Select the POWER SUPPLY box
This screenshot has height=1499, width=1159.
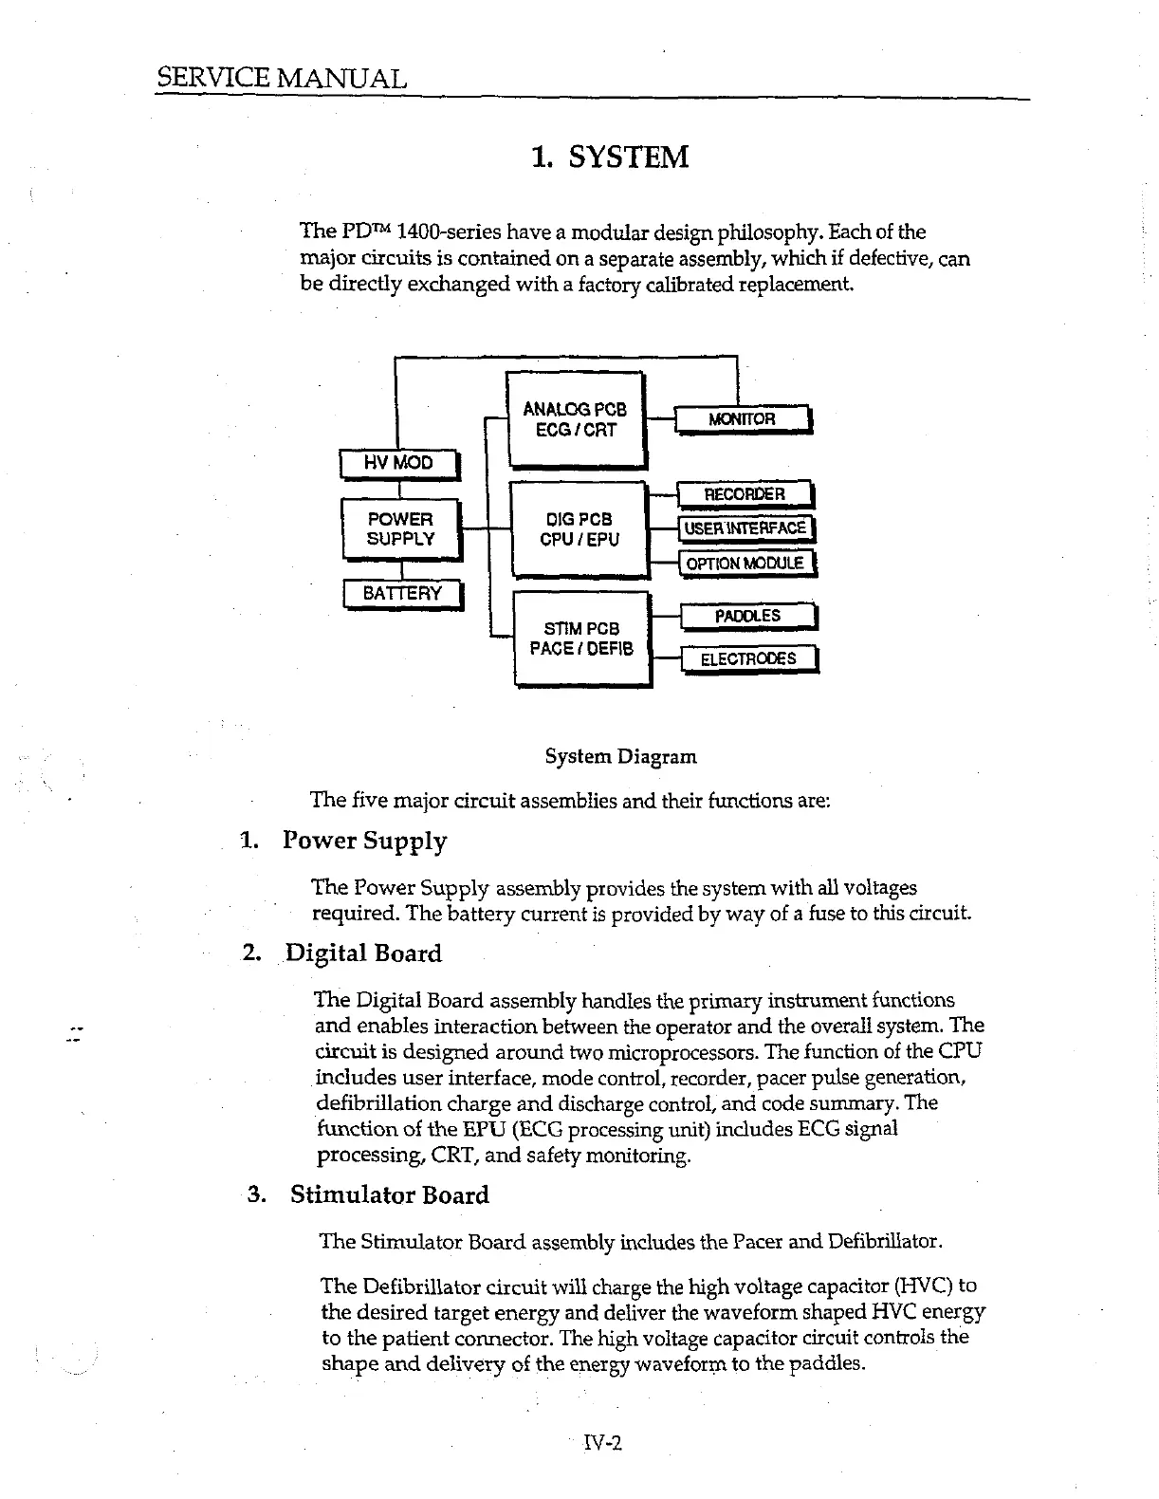[400, 529]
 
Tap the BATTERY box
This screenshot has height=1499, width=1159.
[402, 594]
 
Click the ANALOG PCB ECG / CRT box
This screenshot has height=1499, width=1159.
[576, 419]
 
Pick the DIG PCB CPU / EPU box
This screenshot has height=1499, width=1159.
[578, 529]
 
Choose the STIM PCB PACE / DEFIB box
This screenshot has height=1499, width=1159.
[581, 638]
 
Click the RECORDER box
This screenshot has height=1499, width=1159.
[745, 494]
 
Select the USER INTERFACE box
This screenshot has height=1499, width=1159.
[745, 528]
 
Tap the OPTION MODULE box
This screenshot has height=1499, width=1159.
[745, 564]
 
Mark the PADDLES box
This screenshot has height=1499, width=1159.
[747, 617]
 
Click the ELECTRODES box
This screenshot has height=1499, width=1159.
[748, 658]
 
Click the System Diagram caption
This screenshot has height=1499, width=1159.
[620, 757]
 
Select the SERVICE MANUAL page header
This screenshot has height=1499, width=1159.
[282, 78]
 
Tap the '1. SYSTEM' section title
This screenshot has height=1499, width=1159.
[610, 157]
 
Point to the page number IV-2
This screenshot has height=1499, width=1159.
[601, 1443]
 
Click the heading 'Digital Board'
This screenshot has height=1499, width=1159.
[363, 953]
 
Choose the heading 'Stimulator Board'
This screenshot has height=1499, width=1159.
[389, 1194]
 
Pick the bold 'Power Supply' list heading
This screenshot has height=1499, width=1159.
[365, 842]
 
